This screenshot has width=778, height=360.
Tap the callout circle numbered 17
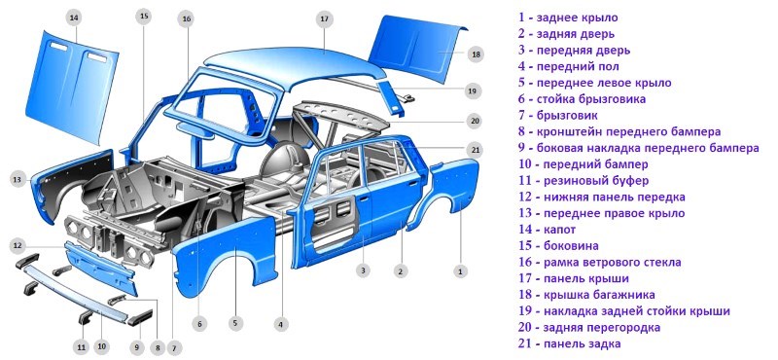coord(324,18)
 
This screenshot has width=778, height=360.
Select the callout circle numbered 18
coord(476,54)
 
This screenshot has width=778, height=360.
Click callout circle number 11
coord(82,346)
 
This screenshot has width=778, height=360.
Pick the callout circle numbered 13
coord(17,179)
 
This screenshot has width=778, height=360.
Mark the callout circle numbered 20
coord(474,121)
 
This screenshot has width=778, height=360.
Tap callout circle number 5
coord(234,323)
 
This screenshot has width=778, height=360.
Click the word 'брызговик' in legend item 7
coord(572,115)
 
